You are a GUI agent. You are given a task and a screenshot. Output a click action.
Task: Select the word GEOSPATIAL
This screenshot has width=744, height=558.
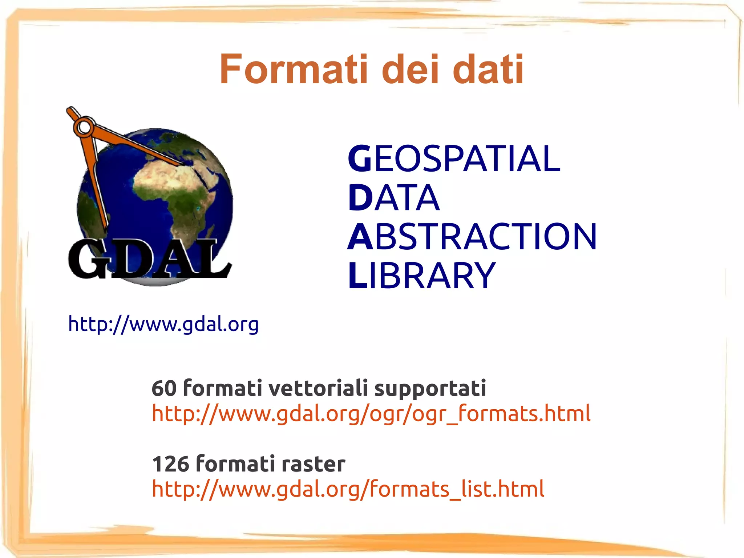click(x=454, y=158)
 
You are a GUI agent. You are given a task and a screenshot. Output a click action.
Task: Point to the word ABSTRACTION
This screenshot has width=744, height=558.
click(x=472, y=237)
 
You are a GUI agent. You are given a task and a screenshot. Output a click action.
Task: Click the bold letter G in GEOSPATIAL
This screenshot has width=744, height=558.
click(x=360, y=158)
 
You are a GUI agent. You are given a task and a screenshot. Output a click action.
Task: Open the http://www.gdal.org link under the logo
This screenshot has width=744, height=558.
click(x=163, y=324)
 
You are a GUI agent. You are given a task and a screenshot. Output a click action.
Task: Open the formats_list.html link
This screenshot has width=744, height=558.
click(x=348, y=489)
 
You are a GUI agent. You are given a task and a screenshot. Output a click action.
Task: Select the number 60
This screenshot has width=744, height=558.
click(x=164, y=388)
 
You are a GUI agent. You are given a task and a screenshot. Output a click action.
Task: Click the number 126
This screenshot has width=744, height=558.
click(x=170, y=464)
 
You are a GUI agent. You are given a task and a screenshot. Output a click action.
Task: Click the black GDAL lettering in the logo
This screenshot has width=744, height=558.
click(x=149, y=259)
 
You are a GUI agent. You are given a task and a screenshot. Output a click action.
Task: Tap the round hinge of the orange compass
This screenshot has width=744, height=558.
click(x=85, y=127)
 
